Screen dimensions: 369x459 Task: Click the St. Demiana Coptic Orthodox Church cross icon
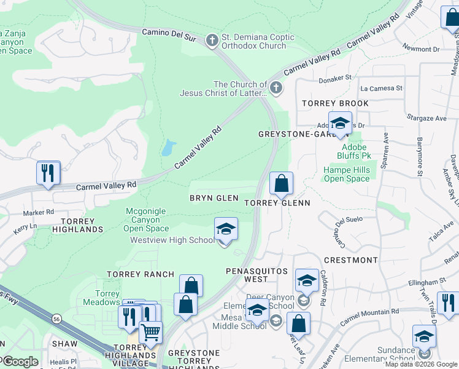point(212,41)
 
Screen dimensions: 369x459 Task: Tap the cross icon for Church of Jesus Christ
point(276,89)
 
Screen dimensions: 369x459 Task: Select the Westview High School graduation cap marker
point(225,230)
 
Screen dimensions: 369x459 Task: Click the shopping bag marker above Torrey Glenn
point(281,183)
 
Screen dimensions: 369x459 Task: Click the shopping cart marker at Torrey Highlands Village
point(150,333)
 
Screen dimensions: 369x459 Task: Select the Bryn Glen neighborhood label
point(214,198)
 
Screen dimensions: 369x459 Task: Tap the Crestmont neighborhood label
point(350,260)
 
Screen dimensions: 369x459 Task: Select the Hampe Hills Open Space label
point(347,175)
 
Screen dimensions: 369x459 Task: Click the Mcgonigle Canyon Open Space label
point(145,220)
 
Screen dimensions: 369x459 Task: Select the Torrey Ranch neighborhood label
point(137,274)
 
